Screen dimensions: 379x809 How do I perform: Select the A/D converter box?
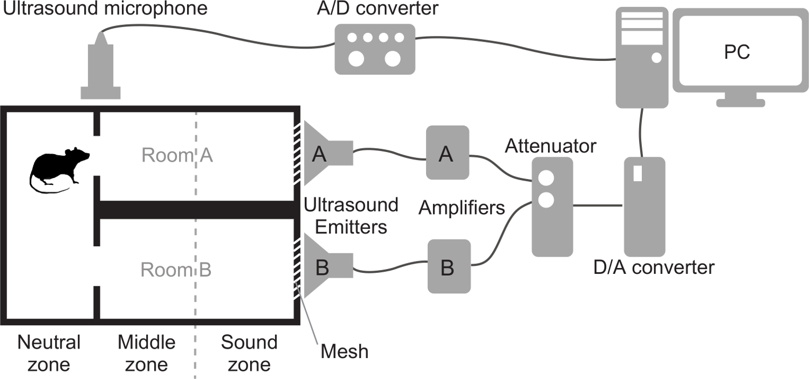(x=375, y=49)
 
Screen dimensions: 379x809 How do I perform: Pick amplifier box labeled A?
(x=447, y=153)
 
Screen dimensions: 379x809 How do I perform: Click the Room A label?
(x=177, y=156)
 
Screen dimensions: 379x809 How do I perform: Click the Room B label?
(x=176, y=270)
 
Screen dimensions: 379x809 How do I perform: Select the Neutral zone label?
(x=49, y=353)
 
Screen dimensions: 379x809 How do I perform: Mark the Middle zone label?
(x=147, y=353)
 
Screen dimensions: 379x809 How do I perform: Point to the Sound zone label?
(x=249, y=353)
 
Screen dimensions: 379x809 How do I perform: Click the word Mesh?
(x=345, y=352)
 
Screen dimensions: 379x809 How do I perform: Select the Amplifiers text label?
(x=462, y=207)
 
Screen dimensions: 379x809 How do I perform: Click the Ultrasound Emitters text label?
(x=351, y=216)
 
